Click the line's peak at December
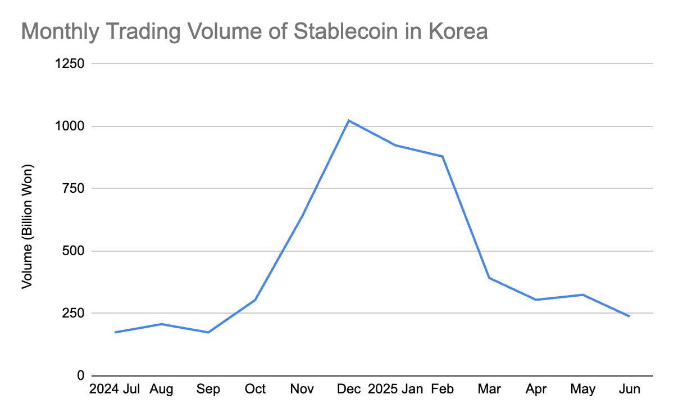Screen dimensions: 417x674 [x=349, y=120]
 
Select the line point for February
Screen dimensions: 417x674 [x=443, y=156]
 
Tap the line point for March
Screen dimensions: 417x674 [x=489, y=278]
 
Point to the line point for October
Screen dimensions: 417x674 [x=255, y=300]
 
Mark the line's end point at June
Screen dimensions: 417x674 [x=629, y=316]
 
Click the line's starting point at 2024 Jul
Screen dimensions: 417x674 [x=115, y=332]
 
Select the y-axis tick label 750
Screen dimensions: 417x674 [x=73, y=189]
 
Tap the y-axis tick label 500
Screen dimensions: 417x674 [x=73, y=251]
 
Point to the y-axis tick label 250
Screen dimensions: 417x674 [x=73, y=313]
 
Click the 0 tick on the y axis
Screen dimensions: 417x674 [x=81, y=375]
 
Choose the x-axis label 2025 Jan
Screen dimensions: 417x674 [x=395, y=389]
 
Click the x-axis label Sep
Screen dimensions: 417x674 [x=208, y=389]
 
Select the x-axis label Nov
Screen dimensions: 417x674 [x=302, y=389]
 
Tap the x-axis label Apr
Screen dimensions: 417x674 [x=536, y=389]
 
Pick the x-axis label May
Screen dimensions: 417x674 [x=583, y=389]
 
